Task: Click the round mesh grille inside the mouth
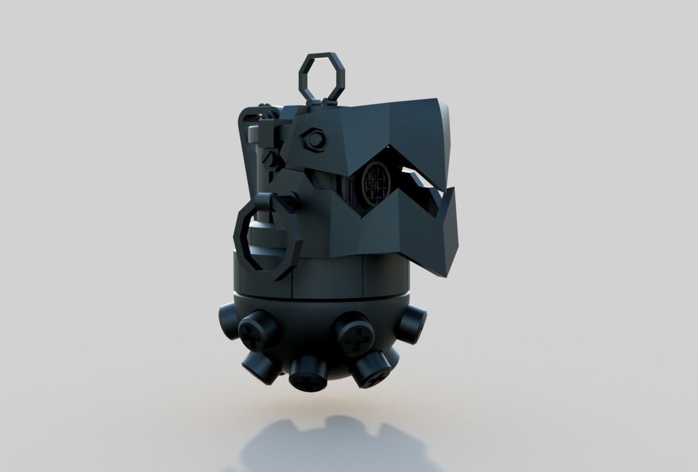pyautogui.click(x=376, y=182)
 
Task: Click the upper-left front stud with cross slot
pyautogui.click(x=258, y=330)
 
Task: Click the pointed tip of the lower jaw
pyautogui.click(x=450, y=270)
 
